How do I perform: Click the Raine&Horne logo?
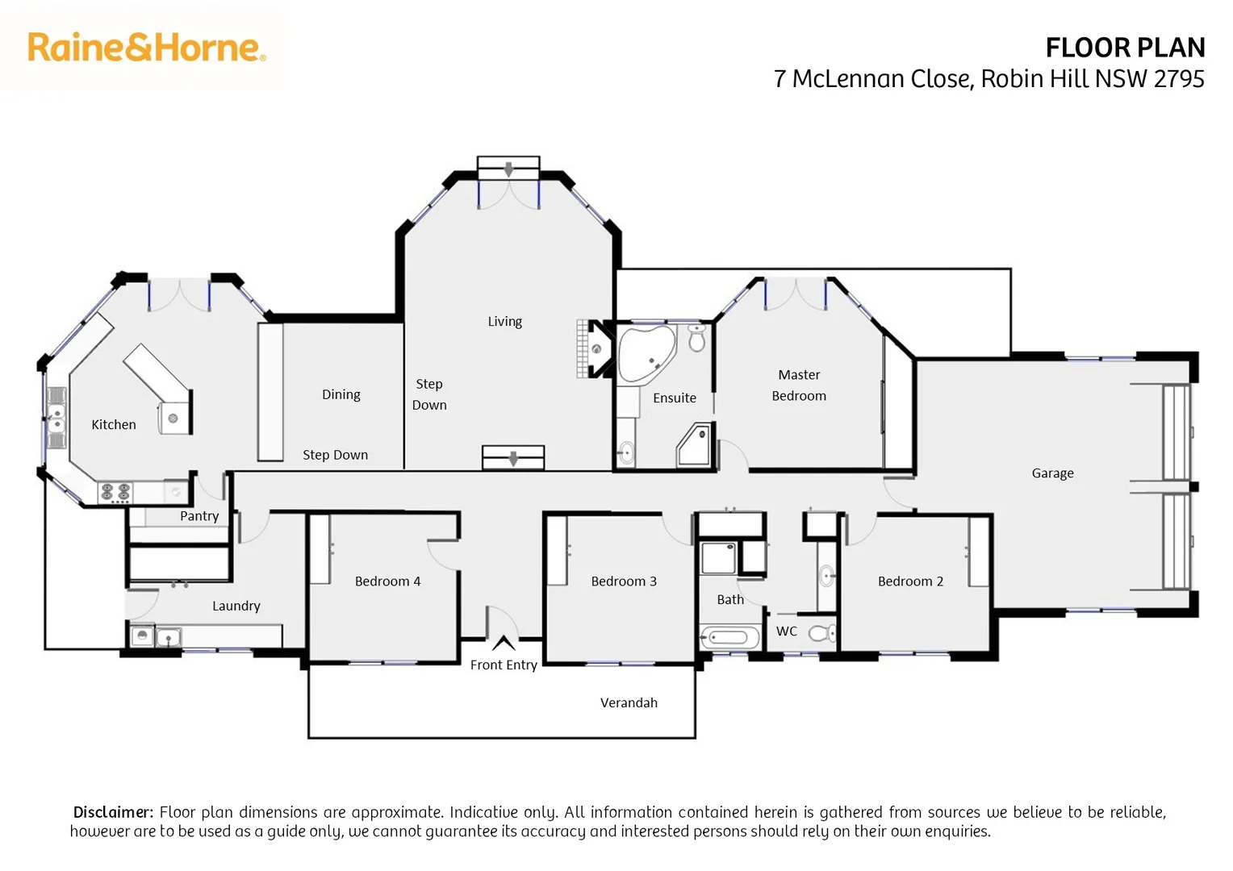click(146, 48)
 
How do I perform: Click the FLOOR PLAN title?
click(1124, 48)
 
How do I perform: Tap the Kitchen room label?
click(114, 425)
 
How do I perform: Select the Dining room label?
click(341, 394)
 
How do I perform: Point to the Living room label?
click(504, 322)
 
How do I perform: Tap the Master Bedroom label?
click(799, 385)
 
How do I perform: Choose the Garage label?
click(1052, 473)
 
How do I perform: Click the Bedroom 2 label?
click(910, 581)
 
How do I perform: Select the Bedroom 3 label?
click(624, 581)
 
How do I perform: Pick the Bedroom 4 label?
click(387, 581)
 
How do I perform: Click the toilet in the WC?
click(821, 633)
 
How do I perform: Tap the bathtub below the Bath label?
click(729, 638)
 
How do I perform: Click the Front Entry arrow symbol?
click(504, 643)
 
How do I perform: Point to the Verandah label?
click(629, 703)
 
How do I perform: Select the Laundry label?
click(236, 606)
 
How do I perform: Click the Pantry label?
click(199, 516)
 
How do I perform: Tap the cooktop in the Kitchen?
click(115, 491)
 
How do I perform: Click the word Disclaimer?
click(113, 812)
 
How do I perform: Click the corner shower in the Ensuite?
click(694, 446)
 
